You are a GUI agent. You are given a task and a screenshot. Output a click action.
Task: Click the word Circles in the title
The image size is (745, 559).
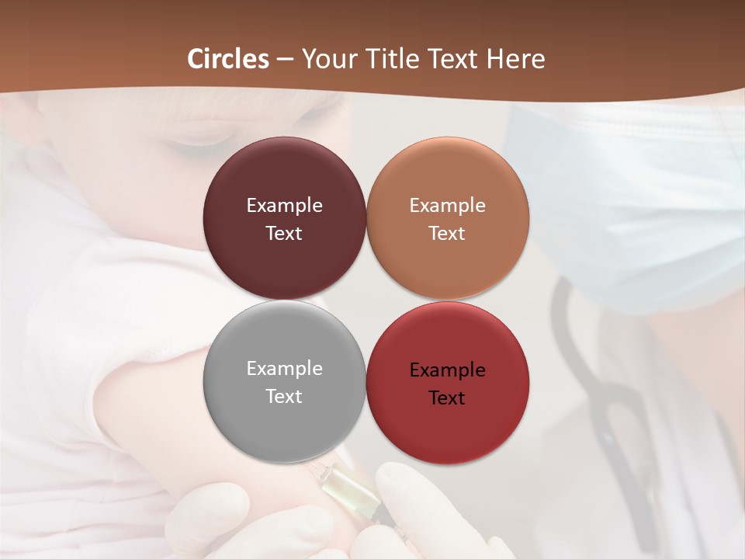pos(228,59)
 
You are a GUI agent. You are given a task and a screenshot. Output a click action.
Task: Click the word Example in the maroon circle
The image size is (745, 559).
pos(284,206)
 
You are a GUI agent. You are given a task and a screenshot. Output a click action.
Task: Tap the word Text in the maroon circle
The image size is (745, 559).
pos(284,234)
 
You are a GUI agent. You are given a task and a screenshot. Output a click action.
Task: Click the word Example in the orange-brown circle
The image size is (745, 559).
pos(447,206)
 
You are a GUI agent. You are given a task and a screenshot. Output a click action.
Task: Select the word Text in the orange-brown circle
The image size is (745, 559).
pos(447,234)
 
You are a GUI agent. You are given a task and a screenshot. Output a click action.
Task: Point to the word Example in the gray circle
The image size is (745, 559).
pos(284,369)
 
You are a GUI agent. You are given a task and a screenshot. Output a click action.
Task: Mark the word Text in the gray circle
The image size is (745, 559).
pos(284,397)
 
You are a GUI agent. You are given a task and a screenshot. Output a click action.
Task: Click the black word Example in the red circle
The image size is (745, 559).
pos(447,370)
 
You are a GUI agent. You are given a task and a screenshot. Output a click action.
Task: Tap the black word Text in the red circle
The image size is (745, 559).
pos(447,398)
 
